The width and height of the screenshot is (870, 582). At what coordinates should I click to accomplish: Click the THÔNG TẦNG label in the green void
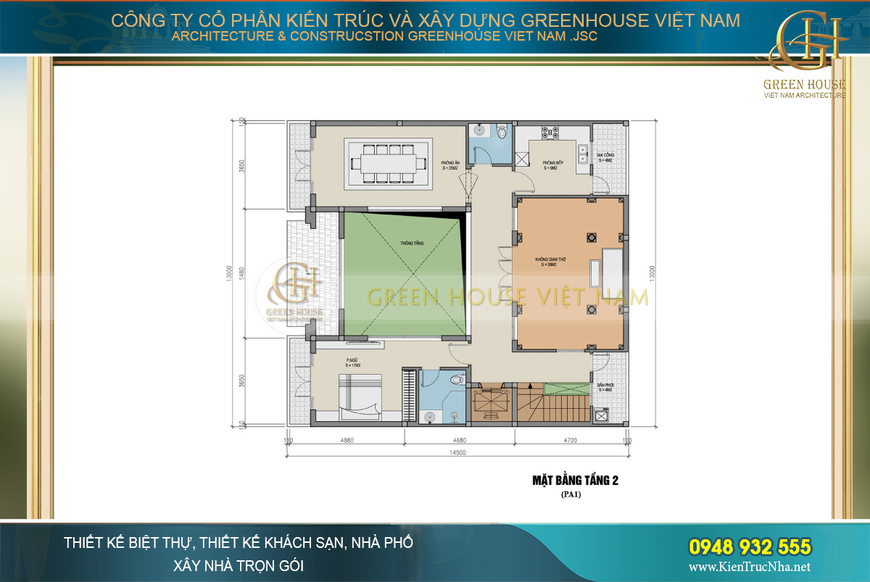(x=412, y=244)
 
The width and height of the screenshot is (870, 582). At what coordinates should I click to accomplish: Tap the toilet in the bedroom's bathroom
(x=456, y=379)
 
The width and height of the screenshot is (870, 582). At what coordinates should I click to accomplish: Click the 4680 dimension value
(x=459, y=440)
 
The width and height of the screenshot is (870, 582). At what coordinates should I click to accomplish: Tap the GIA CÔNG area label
(x=605, y=156)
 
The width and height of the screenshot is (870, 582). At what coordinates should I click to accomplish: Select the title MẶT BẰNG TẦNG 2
(x=575, y=480)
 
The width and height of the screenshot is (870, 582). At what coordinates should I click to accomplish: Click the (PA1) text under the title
(x=571, y=495)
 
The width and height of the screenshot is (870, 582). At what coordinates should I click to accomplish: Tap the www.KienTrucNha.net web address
(x=750, y=567)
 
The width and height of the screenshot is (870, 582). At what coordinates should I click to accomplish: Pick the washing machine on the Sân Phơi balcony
(x=600, y=415)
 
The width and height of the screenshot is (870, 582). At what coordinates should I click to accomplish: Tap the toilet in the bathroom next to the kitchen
(x=502, y=131)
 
